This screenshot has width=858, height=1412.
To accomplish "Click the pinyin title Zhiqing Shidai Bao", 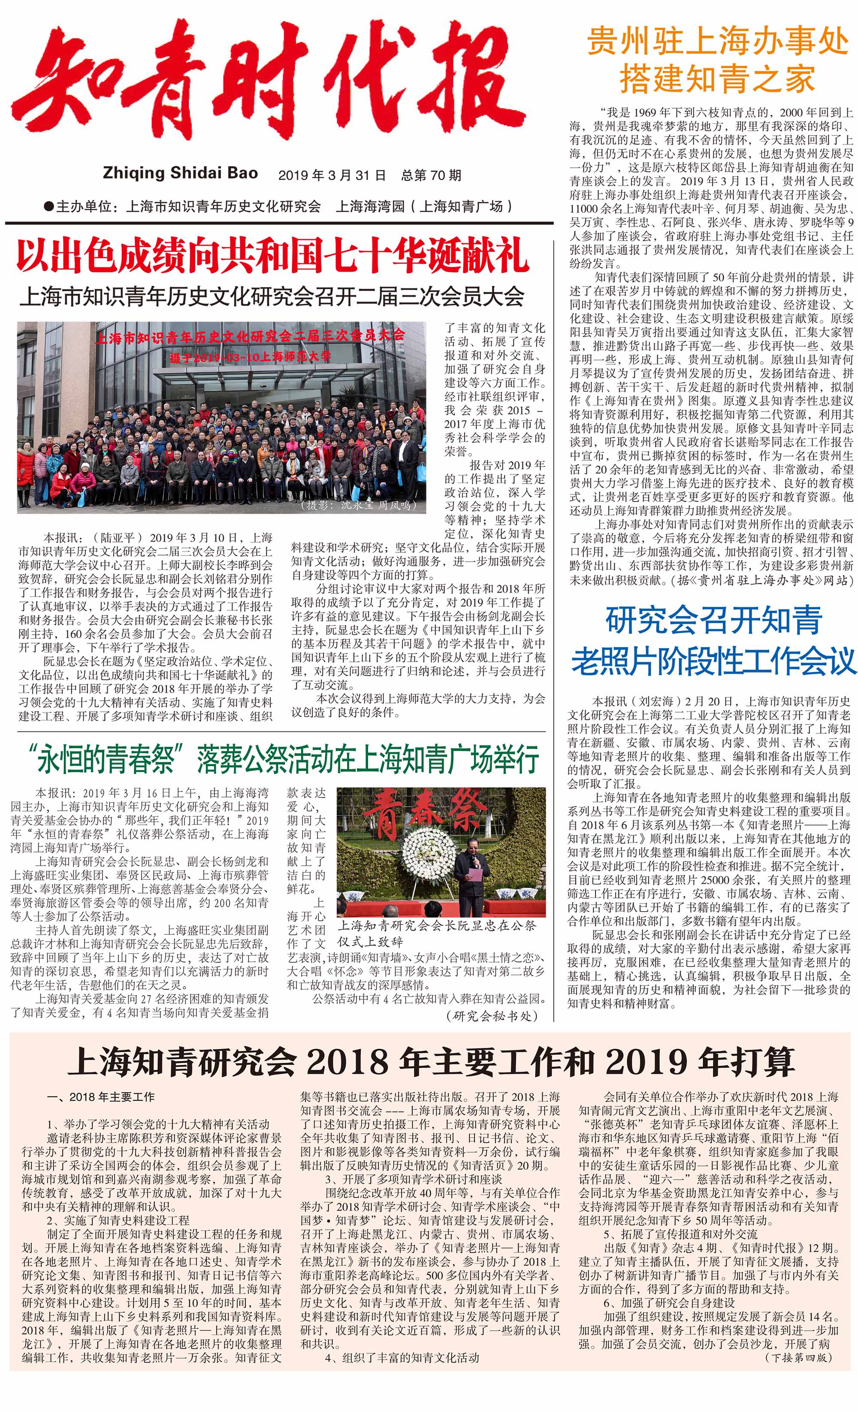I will (181, 173).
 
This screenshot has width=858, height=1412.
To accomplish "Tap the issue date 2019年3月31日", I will (332, 175).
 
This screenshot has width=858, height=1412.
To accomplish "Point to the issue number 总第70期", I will (431, 175).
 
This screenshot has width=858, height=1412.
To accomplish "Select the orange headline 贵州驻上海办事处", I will (717, 42).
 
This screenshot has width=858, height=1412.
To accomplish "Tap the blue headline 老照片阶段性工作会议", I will (713, 661).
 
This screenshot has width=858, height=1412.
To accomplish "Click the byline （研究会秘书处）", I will (492, 1016).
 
